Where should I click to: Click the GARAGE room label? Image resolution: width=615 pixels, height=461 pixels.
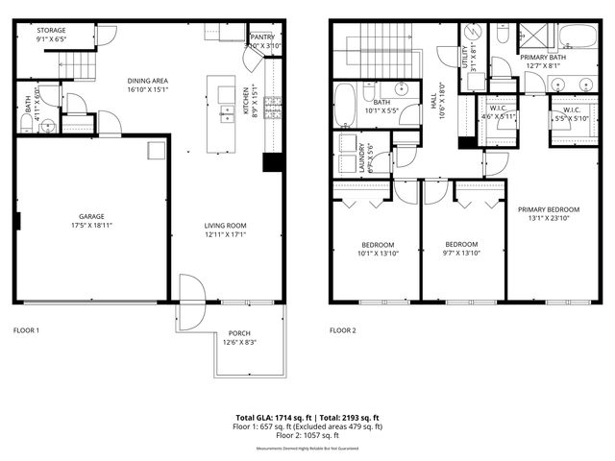92,217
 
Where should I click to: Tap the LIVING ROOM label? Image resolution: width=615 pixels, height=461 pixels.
226,229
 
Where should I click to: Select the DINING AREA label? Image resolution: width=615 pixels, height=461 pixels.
148,83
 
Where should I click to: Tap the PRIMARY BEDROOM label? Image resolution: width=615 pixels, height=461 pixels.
549,209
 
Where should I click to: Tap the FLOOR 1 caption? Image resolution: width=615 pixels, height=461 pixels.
26,330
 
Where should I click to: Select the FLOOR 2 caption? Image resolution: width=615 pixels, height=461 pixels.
343,330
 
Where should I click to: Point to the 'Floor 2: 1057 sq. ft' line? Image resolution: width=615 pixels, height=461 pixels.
307,437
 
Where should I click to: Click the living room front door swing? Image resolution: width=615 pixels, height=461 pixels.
189,291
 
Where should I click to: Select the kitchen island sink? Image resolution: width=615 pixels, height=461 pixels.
227,114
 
